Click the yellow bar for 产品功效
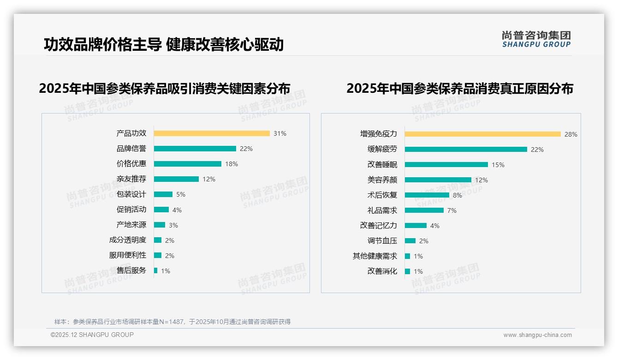[212, 133]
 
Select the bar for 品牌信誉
[195, 149]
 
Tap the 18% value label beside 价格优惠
[232, 164]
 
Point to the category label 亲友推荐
[131, 179]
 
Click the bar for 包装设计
[163, 194]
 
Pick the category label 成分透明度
[127, 240]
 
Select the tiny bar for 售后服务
[155, 270]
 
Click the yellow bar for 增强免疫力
[482, 134]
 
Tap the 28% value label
[571, 134]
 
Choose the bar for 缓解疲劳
[466, 149]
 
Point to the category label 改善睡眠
[382, 165]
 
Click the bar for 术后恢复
[427, 195]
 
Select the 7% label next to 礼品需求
[452, 210]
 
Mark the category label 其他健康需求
[374, 256]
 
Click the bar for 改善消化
[407, 271]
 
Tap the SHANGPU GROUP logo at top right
[536, 39]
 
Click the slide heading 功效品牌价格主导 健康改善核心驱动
[164, 45]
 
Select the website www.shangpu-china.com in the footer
[537, 335]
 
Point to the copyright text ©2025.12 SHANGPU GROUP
[92, 335]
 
